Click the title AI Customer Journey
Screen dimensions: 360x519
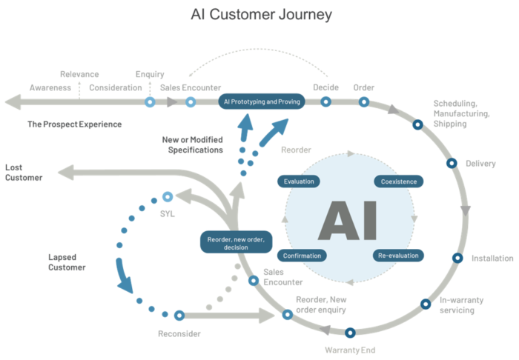click(x=261, y=14)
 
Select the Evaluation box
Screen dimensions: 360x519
click(x=299, y=181)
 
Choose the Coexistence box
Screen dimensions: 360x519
click(x=400, y=181)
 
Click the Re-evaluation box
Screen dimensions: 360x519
click(x=399, y=256)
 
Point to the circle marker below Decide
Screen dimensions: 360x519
click(x=325, y=101)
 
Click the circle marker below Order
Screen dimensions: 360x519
click(x=364, y=101)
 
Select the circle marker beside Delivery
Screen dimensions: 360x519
click(x=451, y=163)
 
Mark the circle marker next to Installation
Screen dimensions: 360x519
click(x=457, y=259)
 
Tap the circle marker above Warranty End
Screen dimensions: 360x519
click(x=350, y=333)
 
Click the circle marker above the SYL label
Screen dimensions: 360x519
click(x=168, y=197)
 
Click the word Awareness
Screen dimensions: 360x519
click(x=50, y=87)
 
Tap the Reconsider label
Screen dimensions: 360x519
click(x=179, y=333)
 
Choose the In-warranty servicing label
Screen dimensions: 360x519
click(x=462, y=305)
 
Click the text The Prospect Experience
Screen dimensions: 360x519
click(x=74, y=124)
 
